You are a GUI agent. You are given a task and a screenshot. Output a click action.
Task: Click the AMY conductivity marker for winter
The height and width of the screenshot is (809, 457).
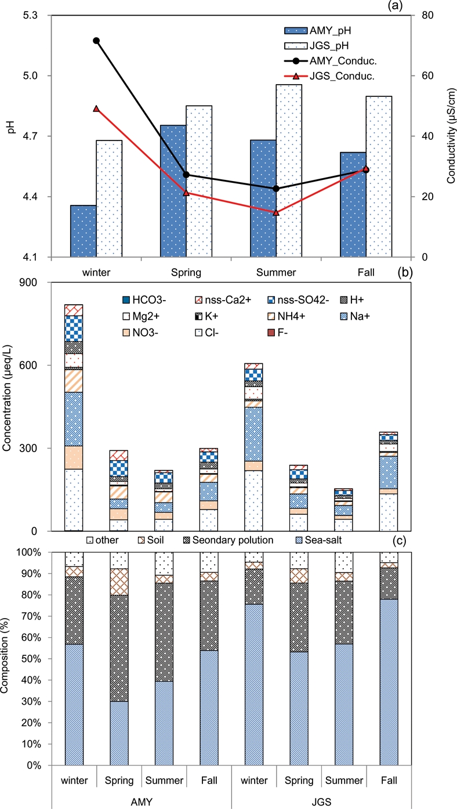click(x=96, y=41)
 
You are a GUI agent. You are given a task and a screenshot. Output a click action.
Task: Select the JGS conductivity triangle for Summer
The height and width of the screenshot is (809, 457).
click(x=276, y=212)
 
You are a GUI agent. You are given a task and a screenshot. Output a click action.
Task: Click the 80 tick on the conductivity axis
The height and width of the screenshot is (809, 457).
click(x=423, y=15)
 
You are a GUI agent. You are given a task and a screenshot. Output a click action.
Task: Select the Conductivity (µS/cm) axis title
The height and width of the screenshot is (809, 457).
click(x=451, y=136)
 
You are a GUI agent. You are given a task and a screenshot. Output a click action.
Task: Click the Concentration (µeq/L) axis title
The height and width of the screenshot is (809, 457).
click(x=12, y=406)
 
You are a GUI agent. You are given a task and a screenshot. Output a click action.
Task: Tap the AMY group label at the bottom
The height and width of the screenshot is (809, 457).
click(x=141, y=799)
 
